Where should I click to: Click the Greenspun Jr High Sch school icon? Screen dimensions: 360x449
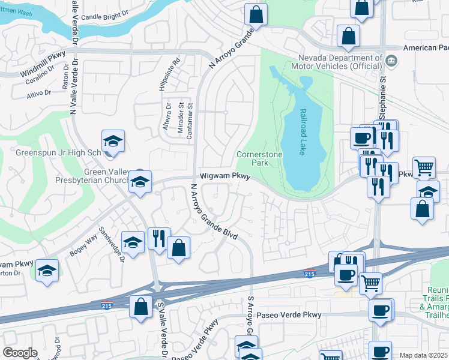(113, 142)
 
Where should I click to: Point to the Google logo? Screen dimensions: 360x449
(20, 353)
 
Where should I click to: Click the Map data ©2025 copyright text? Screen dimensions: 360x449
(423, 355)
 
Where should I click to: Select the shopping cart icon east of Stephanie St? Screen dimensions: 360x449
(424, 169)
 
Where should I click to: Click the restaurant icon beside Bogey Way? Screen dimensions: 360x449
(159, 239)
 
